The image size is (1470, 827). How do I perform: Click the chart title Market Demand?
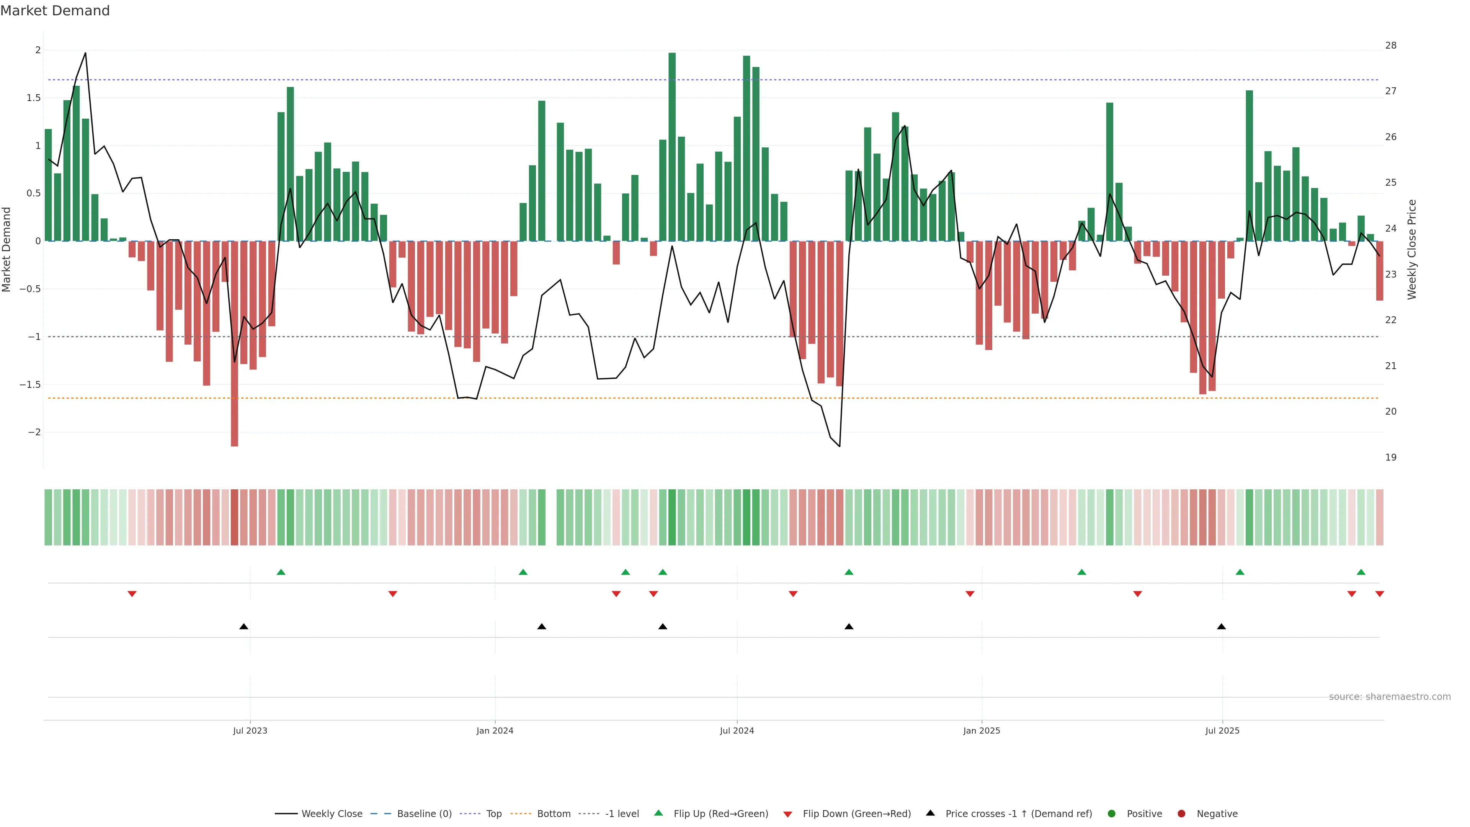(55, 11)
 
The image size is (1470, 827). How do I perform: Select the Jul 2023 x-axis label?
(250, 731)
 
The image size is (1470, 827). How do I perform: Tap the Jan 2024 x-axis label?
(495, 731)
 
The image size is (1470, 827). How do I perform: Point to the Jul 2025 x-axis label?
(1222, 731)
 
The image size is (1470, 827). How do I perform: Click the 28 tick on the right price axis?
(1391, 46)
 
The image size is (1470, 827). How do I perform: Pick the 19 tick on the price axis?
(1391, 457)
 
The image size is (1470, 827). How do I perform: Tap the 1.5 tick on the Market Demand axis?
(34, 98)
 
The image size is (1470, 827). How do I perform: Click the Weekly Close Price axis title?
(1412, 249)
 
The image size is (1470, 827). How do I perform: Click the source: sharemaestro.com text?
(1390, 697)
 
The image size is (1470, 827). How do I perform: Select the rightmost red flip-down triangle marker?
(1380, 594)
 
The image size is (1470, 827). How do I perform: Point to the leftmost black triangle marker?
(244, 627)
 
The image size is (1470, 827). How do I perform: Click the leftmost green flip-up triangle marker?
(281, 572)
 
